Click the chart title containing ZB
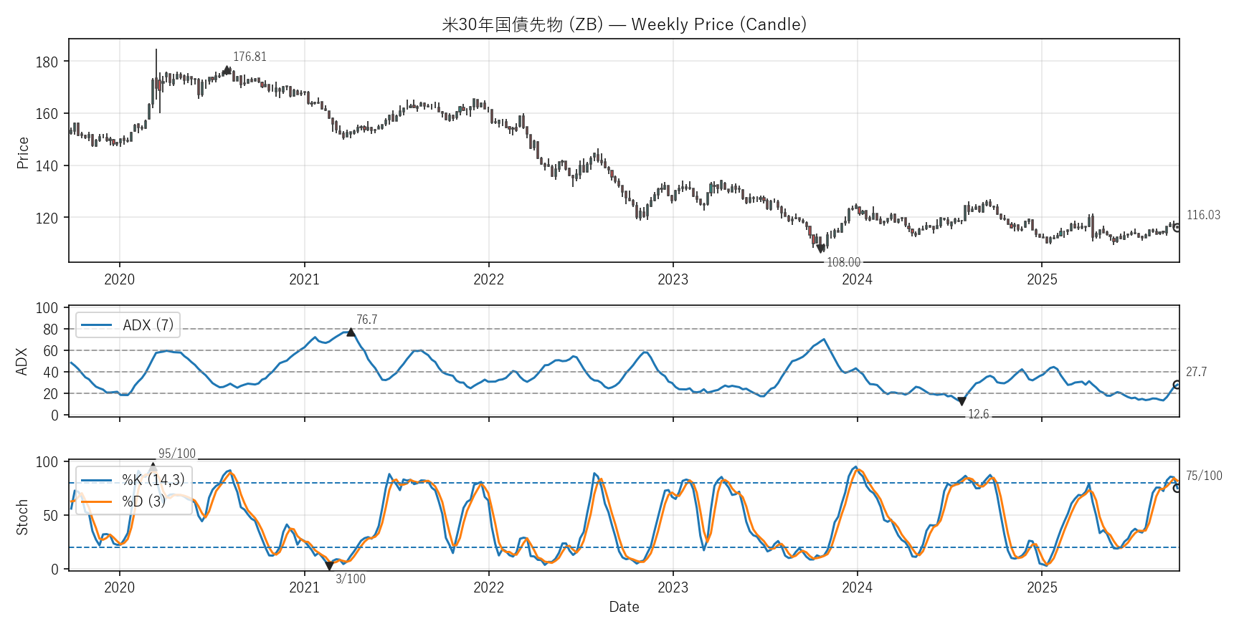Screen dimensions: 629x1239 [624, 24]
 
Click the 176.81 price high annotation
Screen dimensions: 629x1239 [250, 57]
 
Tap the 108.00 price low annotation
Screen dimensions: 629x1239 [843, 262]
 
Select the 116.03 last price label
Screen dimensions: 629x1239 [1203, 215]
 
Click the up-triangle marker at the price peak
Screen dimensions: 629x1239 [227, 70]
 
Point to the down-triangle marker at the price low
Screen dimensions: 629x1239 [821, 249]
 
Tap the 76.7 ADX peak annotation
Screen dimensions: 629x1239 [366, 320]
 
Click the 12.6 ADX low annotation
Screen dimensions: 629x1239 [978, 414]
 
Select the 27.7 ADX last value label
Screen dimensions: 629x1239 [1196, 372]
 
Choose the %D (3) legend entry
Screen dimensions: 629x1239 [143, 501]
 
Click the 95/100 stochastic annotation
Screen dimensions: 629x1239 [176, 453]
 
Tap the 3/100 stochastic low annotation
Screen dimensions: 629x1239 [351, 579]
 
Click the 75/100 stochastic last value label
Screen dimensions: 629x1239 [1204, 476]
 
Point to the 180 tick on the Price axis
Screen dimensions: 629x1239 [47, 62]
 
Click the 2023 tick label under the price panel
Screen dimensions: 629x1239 [673, 279]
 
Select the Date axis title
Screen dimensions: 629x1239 [624, 607]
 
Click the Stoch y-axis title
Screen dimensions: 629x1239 [22, 517]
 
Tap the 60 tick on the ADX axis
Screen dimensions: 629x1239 [50, 351]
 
